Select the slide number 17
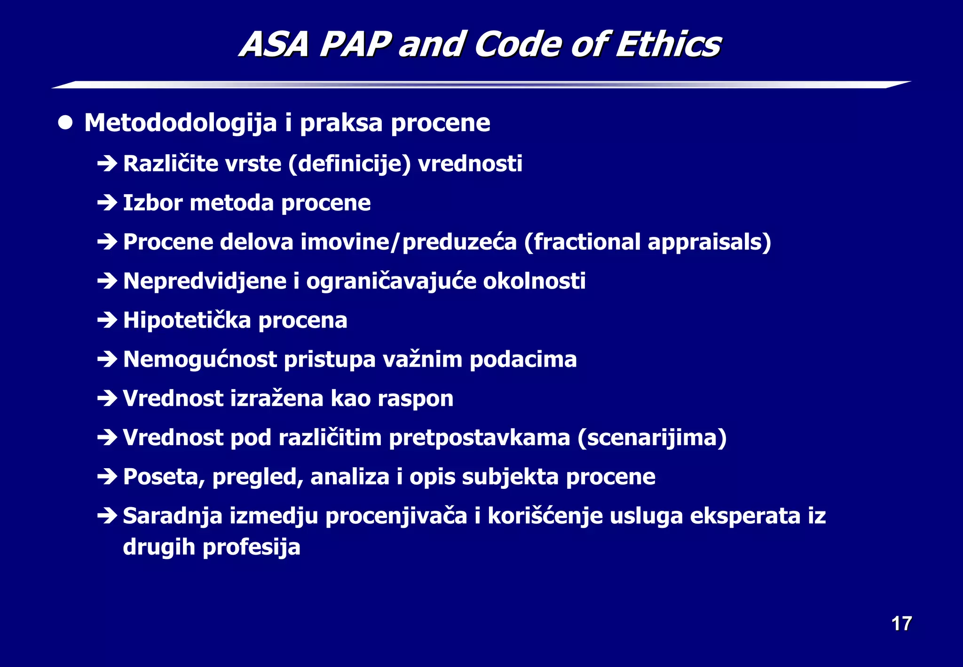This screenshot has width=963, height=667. click(901, 624)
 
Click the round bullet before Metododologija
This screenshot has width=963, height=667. click(65, 123)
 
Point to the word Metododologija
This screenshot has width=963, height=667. click(181, 124)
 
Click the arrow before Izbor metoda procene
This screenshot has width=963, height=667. click(107, 203)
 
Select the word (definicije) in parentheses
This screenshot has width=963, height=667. click(350, 164)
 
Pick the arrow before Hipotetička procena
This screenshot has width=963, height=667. click(107, 321)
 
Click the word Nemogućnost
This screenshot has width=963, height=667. click(200, 360)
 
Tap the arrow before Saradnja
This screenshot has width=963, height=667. click(107, 516)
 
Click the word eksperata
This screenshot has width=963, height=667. click(745, 516)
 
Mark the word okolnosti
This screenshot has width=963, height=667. click(534, 282)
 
